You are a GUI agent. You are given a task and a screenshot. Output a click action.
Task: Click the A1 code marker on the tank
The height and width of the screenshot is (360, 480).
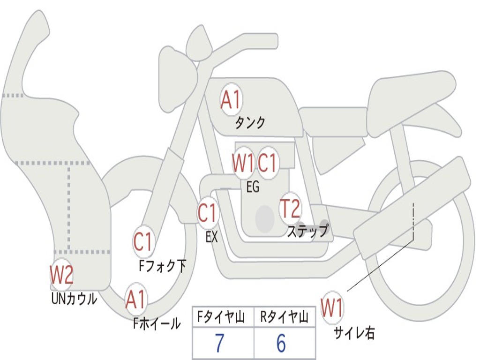tap(231, 100)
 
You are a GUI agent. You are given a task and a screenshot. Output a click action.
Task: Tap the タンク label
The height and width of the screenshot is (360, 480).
tap(250, 123)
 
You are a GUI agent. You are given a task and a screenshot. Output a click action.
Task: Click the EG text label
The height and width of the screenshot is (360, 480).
tap(253, 187)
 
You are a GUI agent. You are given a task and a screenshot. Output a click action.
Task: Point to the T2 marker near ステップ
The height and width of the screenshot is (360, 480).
tap(290, 209)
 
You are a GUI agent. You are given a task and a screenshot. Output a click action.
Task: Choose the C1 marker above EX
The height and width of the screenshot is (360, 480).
tap(208, 214)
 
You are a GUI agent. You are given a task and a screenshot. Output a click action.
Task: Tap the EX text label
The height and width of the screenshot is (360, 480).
tap(212, 237)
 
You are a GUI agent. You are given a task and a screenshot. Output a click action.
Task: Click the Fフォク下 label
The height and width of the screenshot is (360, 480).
tap(162, 266)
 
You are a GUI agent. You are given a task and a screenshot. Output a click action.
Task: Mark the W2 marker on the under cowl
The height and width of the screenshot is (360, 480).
tap(62, 275)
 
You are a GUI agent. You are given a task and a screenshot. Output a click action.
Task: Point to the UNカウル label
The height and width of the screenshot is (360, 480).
tap(74, 299)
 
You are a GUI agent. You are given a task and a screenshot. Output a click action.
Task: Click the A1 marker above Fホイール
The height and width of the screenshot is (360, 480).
tap(136, 300)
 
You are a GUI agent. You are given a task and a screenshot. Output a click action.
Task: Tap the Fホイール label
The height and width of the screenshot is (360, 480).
tap(157, 323)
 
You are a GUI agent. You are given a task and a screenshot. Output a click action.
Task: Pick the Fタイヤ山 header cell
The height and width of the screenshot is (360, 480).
tap(223, 318)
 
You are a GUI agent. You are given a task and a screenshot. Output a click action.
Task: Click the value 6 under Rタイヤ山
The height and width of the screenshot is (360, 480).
tap(281, 344)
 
